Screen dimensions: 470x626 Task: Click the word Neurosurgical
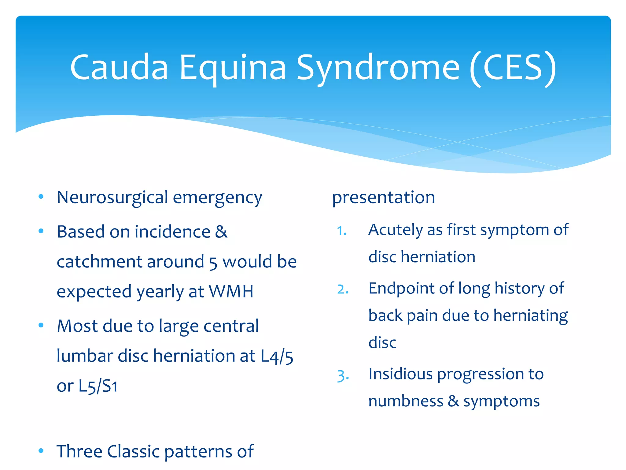pyautogui.click(x=112, y=198)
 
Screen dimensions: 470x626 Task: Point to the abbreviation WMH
pyautogui.click(x=231, y=291)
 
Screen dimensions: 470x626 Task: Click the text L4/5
pyautogui.click(x=277, y=356)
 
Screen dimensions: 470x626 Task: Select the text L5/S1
pyautogui.click(x=98, y=386)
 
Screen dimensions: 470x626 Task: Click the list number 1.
pyautogui.click(x=341, y=231)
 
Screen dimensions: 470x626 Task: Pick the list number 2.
pyautogui.click(x=342, y=289)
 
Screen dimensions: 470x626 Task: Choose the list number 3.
pyautogui.click(x=342, y=375)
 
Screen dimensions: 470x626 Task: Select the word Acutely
pyautogui.click(x=396, y=230)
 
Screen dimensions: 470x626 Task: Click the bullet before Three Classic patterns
pyautogui.click(x=41, y=451)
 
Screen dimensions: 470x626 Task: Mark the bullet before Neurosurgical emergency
pyautogui.click(x=41, y=197)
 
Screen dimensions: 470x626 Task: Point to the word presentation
pyautogui.click(x=383, y=198)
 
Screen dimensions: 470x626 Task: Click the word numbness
pyautogui.click(x=406, y=401)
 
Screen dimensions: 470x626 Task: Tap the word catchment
pyautogui.click(x=100, y=262)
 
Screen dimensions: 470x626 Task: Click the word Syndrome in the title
pyautogui.click(x=378, y=68)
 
